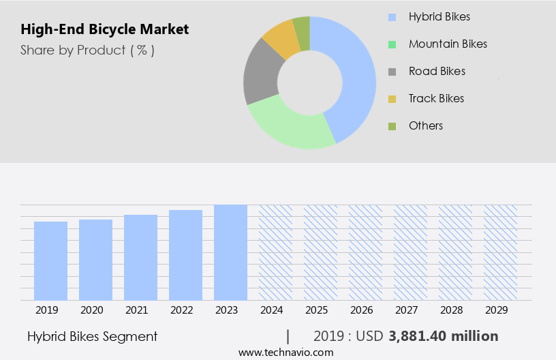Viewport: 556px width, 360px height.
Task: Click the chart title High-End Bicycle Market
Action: pos(104,30)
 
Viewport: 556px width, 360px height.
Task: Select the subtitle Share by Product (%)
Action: pos(87,50)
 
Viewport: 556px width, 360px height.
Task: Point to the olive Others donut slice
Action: pos(302,25)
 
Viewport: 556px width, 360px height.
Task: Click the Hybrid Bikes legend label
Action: pos(439,16)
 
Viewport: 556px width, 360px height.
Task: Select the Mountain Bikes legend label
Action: pos(448,44)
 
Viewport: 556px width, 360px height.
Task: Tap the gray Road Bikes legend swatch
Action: pos(392,72)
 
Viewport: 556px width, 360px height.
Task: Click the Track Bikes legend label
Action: pos(436,98)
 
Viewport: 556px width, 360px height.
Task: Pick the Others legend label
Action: pos(426,125)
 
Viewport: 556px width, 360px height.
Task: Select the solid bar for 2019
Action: pos(51,260)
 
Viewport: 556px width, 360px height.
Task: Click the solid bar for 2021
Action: pos(141,257)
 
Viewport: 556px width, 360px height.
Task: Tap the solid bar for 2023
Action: pos(230,252)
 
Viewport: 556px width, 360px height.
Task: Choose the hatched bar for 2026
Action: pos(365,252)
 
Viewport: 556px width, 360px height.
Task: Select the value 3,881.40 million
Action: pos(443,336)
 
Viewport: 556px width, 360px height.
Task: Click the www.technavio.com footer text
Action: pos(286,352)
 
